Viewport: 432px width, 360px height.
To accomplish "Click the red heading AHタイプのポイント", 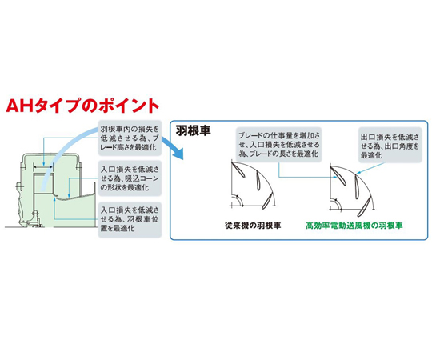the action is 82,106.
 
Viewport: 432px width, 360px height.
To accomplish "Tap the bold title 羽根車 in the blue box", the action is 193,130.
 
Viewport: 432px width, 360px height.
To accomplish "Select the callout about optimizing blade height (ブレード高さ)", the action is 130,138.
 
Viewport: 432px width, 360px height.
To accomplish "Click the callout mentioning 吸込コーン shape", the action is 130,178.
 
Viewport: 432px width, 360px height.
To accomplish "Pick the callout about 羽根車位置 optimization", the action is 130,219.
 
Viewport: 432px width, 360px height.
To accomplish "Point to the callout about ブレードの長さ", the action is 279,145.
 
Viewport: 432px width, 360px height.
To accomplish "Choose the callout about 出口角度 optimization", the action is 390,146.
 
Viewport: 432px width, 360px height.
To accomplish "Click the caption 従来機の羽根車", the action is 253,226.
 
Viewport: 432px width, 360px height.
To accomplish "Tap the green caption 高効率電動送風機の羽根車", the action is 354,226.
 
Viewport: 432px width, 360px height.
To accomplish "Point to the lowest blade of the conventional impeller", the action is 267,200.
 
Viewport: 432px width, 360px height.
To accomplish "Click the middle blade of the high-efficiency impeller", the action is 358,186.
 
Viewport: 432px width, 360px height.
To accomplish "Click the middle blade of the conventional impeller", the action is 258,181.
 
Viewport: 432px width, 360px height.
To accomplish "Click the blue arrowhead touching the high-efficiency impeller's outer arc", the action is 358,173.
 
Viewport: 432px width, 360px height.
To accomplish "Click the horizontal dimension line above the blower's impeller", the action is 43,166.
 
